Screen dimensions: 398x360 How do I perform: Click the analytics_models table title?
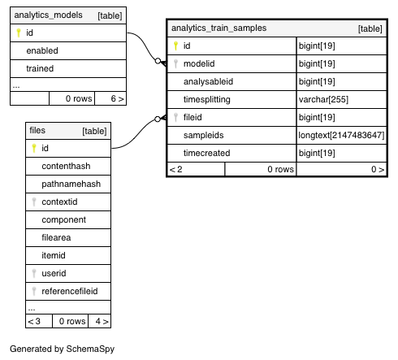(x=48, y=15)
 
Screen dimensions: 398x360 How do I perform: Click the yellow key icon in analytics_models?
(x=19, y=33)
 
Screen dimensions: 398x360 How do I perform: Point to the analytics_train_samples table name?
(x=218, y=28)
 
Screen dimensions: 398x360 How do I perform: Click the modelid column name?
(x=199, y=63)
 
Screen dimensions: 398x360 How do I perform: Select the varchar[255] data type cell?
(x=323, y=99)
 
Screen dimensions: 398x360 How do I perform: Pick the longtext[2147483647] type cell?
(x=341, y=135)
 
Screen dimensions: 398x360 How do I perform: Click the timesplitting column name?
(x=207, y=99)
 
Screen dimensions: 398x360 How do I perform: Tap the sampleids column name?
(x=203, y=135)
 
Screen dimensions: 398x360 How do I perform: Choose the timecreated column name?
(x=206, y=153)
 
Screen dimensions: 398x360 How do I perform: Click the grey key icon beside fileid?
(x=175, y=117)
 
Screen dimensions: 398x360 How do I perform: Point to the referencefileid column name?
(x=70, y=291)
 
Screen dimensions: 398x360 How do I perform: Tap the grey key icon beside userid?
(x=34, y=273)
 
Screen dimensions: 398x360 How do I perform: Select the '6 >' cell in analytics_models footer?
(x=110, y=98)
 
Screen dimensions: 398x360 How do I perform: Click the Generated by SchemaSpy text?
(x=62, y=349)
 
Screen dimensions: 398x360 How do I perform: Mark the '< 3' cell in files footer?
(x=39, y=321)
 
